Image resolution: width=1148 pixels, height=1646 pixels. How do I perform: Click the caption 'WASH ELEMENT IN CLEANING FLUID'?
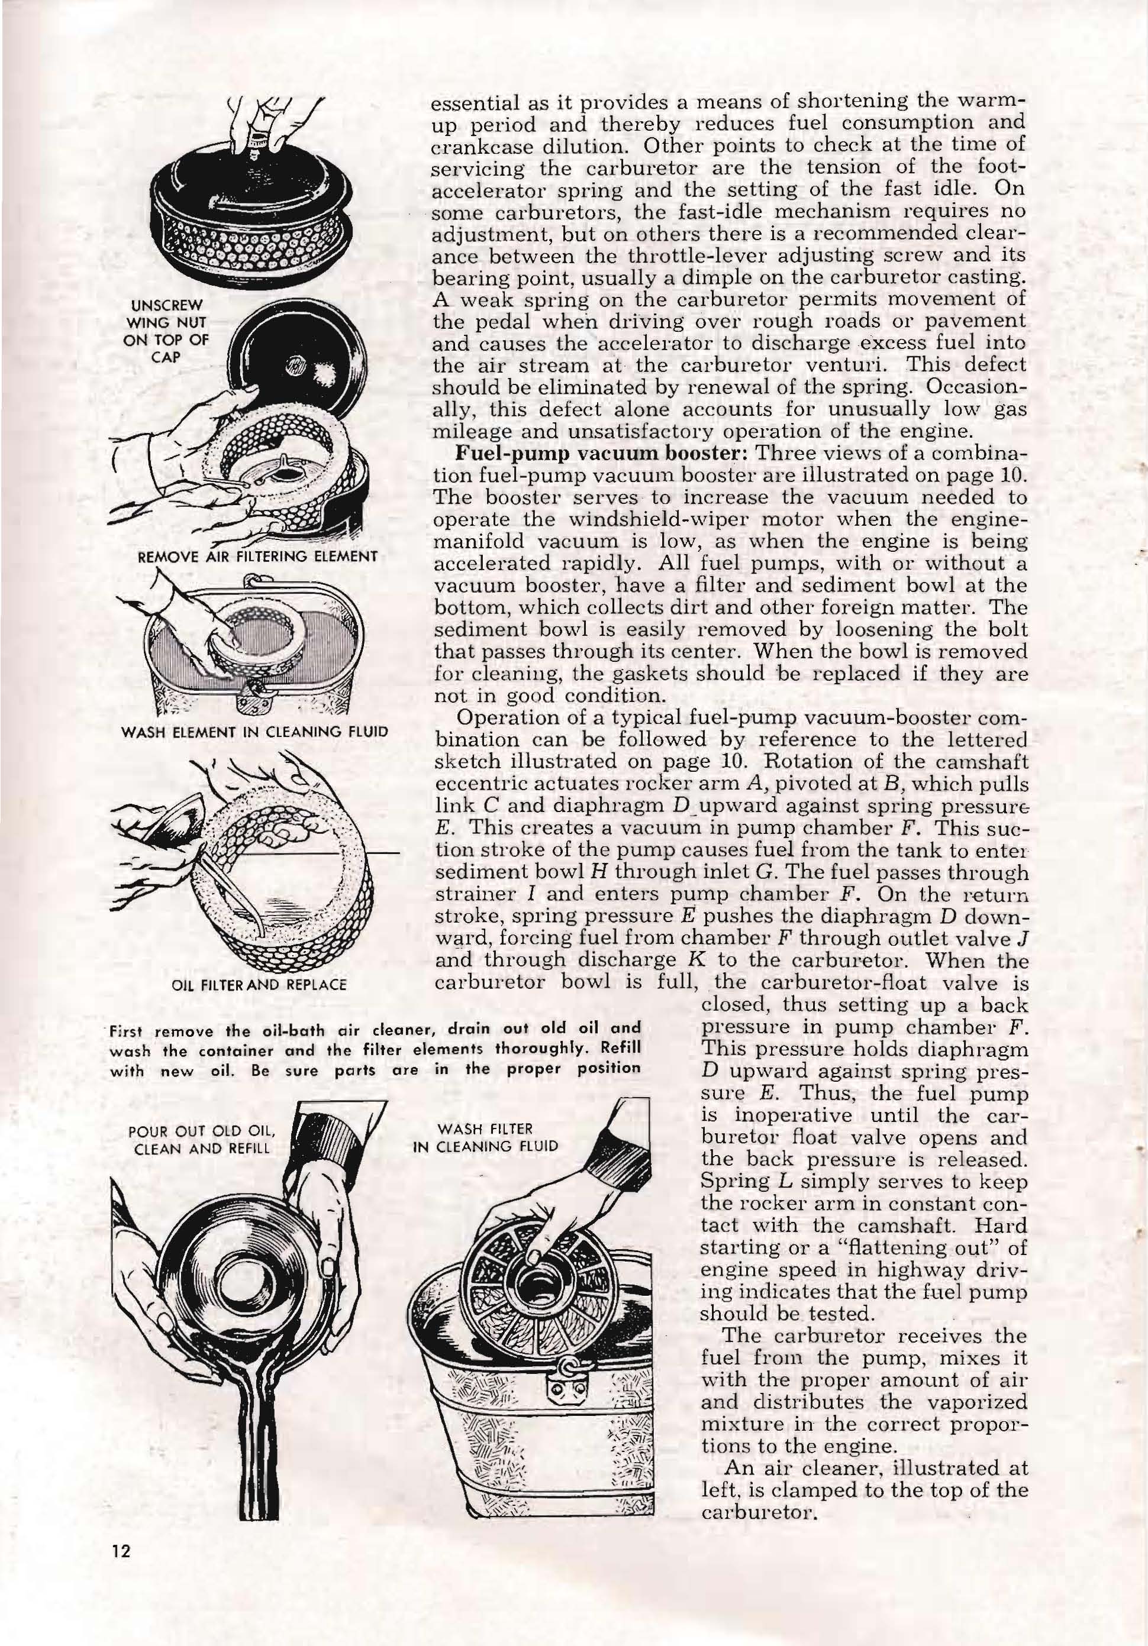pyautogui.click(x=255, y=732)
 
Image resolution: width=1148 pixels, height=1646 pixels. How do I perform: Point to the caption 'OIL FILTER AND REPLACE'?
pyautogui.click(x=260, y=985)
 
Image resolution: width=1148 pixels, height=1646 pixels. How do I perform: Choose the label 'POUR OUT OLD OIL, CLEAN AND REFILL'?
pyautogui.click(x=202, y=1139)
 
